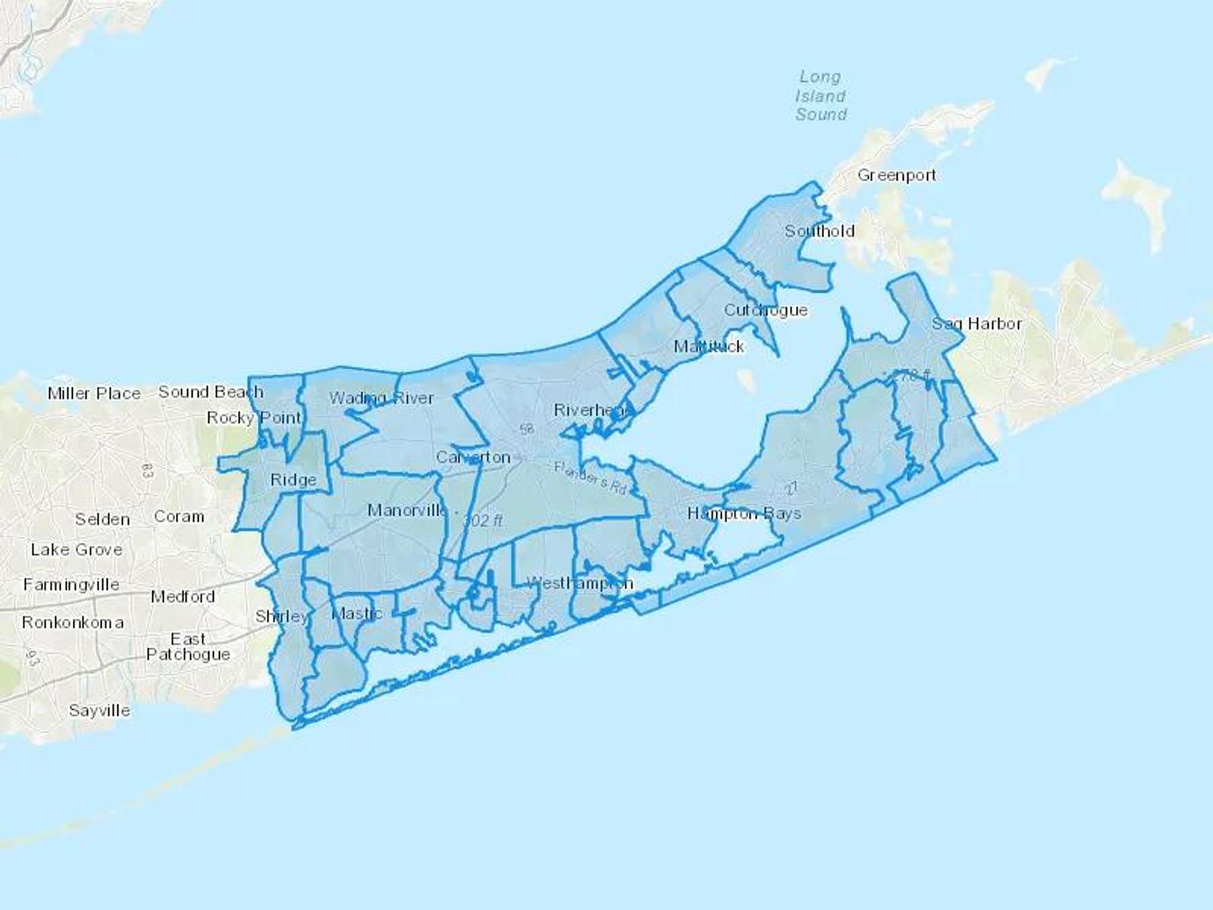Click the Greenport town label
pos(896,175)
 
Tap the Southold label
pos(819,231)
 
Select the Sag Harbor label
pos(976,324)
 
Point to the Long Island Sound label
pos(821,96)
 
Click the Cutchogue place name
pos(766,310)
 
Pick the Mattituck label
pos(709,346)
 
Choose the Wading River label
pos(381,398)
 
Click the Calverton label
pos(473,457)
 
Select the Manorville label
pos(407,510)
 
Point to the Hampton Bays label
pos(744,514)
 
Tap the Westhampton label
pos(580,583)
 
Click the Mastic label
pos(357,613)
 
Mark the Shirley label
pos(282,616)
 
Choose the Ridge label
pos(293,480)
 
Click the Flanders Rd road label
pos(590,477)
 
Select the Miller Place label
pos(94,394)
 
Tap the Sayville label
pos(100,710)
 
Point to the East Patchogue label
pos(188,646)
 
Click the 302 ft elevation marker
pos(483,520)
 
